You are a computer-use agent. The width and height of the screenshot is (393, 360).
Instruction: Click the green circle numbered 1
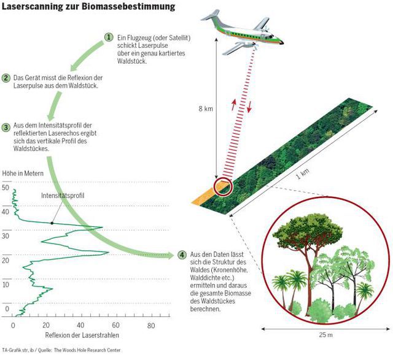tap(109, 37)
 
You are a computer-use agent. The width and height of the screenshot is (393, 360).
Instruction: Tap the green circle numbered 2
tap(6, 78)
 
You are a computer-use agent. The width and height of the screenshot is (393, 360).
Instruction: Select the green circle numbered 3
tap(6, 127)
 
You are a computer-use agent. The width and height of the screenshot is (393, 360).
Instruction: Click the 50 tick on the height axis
tap(6, 189)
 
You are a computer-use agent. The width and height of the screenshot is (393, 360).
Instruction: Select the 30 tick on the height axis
tap(6, 236)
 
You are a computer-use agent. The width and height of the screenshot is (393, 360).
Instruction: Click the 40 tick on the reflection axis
tap(80, 325)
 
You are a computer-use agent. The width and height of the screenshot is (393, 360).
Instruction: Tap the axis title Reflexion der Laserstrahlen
tap(82, 336)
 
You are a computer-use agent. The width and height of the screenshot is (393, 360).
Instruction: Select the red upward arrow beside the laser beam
tap(233, 103)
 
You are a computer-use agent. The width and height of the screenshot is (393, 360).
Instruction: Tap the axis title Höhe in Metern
tap(23, 173)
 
